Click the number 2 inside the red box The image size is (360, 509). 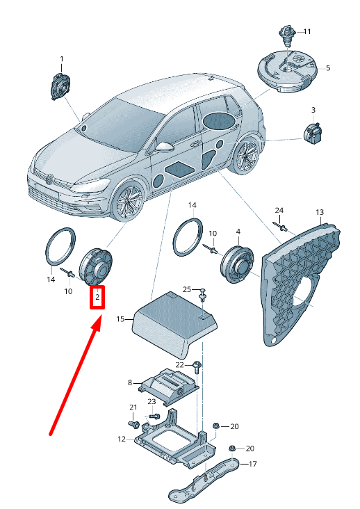98,298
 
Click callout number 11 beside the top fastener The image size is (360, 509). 306,32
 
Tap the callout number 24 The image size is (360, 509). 279,210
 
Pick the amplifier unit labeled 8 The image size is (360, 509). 167,385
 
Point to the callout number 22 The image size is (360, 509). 179,364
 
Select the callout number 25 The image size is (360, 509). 186,289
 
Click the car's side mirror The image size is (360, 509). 163,147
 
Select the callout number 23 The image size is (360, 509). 152,401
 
